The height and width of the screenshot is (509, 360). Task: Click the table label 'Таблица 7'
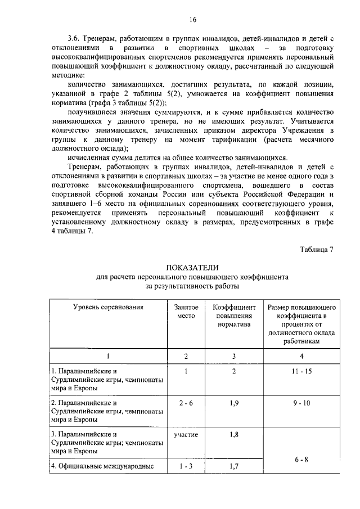(x=317, y=250)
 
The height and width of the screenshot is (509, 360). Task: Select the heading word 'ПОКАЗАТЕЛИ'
(x=192, y=268)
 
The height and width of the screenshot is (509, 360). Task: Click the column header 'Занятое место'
(x=186, y=312)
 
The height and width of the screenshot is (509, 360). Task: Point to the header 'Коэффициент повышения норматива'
(x=234, y=316)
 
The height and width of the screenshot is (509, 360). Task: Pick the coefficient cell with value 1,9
(x=234, y=403)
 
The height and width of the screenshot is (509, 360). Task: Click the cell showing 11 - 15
(x=302, y=372)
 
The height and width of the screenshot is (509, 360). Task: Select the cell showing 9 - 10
(x=302, y=403)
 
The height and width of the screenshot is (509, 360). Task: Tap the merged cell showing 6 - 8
(x=302, y=460)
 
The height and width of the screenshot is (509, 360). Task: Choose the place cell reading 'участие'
(x=186, y=435)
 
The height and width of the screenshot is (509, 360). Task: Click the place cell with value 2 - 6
(x=186, y=403)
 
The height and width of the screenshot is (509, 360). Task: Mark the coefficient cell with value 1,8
(x=234, y=435)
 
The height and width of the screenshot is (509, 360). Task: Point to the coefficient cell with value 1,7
(x=234, y=466)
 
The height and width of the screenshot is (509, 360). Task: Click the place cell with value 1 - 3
(x=186, y=466)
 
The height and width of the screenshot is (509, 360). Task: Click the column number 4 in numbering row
(x=302, y=356)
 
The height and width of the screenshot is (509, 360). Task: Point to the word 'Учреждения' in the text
(x=296, y=130)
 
